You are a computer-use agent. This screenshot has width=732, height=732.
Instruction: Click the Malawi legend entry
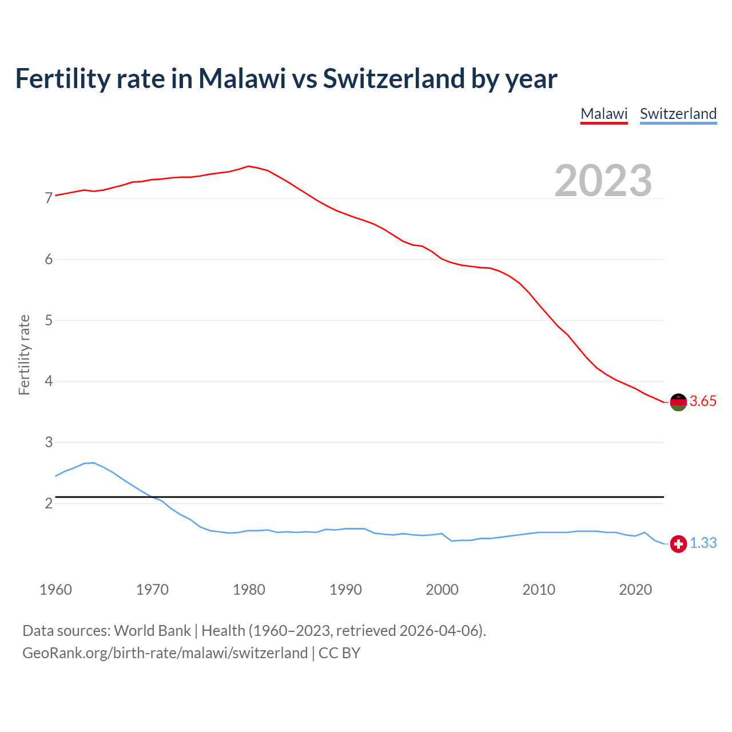click(604, 114)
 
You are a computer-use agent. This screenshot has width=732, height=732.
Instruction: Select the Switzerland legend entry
click(678, 114)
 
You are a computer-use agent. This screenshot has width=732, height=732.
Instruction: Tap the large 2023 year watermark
click(603, 181)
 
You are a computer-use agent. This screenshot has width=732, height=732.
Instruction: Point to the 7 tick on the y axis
click(49, 198)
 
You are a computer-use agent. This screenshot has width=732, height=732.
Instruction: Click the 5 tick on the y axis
click(49, 320)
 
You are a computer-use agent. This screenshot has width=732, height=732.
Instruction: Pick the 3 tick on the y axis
click(49, 442)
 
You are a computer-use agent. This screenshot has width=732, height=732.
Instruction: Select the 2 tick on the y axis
click(49, 503)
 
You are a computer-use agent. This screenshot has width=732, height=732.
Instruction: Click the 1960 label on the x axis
click(55, 590)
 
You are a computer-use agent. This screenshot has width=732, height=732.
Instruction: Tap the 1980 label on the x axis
click(249, 590)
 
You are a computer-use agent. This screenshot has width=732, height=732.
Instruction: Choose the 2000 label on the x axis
click(442, 590)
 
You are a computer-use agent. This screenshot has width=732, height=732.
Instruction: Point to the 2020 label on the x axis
click(635, 590)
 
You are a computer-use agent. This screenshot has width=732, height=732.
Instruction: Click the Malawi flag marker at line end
click(678, 402)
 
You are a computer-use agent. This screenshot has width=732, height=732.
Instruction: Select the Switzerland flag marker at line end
click(678, 544)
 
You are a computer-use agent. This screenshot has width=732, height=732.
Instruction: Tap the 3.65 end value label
click(703, 401)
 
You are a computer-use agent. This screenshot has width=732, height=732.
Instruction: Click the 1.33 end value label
click(703, 543)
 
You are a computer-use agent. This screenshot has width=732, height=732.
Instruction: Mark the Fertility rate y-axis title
click(24, 355)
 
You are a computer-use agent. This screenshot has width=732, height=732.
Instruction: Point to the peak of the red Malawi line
click(248, 166)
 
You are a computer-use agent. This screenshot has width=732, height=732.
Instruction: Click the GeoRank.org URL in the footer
click(165, 653)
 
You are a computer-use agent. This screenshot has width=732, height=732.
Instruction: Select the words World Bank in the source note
click(152, 631)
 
